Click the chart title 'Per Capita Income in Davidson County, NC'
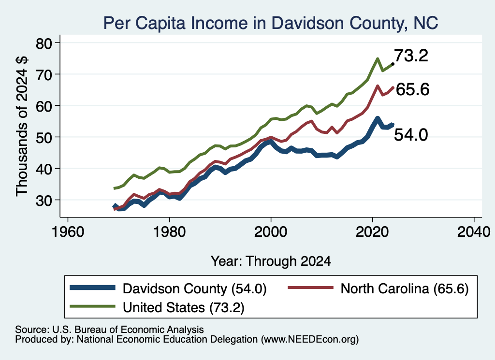pos(271,23)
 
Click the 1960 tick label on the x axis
pos(68,232)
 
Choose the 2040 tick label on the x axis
pos(474,232)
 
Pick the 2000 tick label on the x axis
pos(271,232)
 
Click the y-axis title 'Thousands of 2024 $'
pos(22,126)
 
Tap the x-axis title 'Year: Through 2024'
pos(271,261)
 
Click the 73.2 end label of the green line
pos(411,56)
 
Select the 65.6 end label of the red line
pos(413,89)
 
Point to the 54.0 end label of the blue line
pos(411,135)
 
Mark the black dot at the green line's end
pos(393,64)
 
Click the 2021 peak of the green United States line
pos(377,58)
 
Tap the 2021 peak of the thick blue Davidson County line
pos(377,119)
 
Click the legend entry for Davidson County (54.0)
pos(168,288)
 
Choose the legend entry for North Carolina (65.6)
pos(378,288)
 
